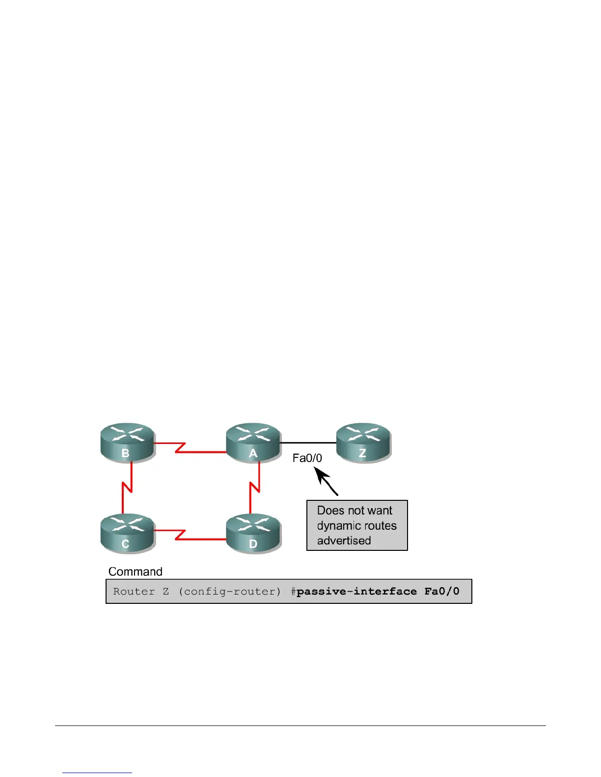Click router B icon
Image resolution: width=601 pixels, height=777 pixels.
click(128, 442)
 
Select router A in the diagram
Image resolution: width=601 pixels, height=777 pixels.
click(253, 442)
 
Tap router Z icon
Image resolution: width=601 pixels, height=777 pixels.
click(363, 442)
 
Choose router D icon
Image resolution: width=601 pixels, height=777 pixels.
click(253, 533)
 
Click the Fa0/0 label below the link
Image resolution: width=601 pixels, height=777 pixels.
click(307, 458)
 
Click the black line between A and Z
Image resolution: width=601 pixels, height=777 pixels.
click(308, 443)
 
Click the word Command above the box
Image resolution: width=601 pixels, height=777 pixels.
click(135, 571)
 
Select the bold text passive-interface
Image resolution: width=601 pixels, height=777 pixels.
click(356, 592)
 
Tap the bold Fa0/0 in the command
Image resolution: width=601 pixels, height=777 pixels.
click(442, 592)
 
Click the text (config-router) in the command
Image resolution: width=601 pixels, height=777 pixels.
click(230, 592)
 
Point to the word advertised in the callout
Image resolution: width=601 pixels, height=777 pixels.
click(344, 541)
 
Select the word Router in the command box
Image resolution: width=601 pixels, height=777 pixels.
click(134, 592)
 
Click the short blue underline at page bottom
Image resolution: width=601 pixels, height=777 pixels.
click(97, 773)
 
